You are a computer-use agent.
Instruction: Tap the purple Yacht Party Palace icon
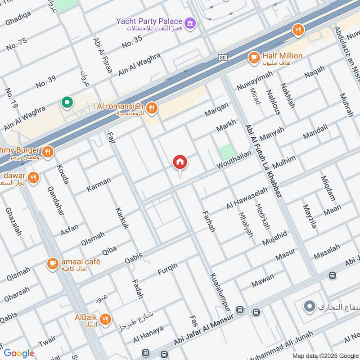point(191,22)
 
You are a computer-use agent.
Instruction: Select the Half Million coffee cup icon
point(254,57)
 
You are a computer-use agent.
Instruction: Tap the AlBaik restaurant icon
point(105,319)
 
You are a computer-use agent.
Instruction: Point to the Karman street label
point(98,184)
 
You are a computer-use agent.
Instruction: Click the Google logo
point(19,353)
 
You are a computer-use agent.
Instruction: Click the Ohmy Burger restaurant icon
point(47,152)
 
